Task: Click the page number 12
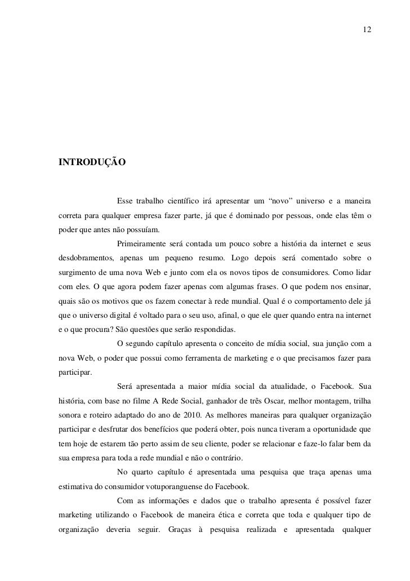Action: pyautogui.click(x=367, y=29)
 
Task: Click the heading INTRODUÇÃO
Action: pyautogui.click(x=92, y=162)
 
